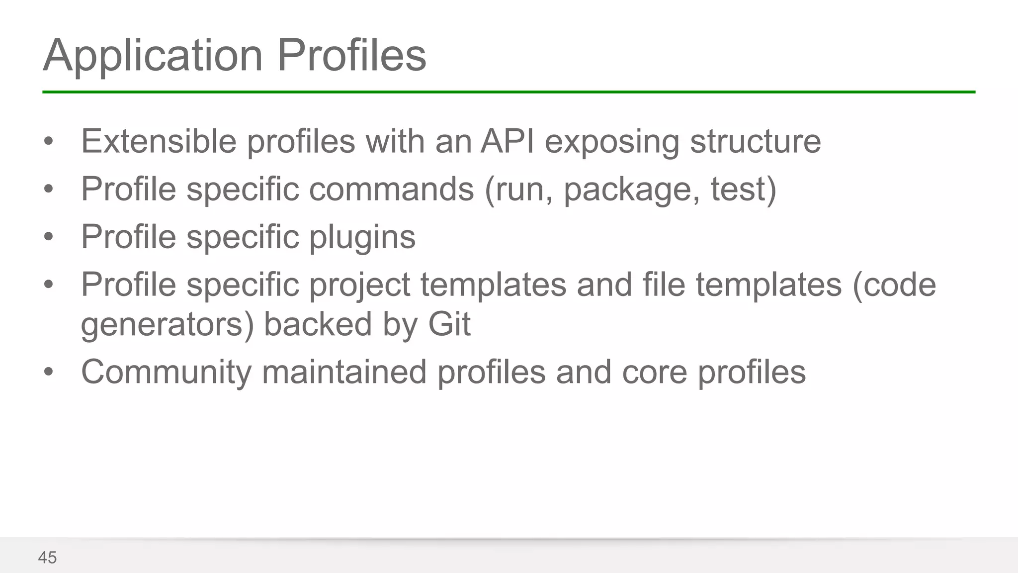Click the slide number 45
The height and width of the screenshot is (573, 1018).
(x=47, y=558)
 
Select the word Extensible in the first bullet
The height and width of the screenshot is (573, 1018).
(x=159, y=141)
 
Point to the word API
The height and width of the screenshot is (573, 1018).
(x=507, y=141)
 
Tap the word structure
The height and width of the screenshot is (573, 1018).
(x=755, y=141)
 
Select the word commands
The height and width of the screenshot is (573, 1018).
(x=392, y=189)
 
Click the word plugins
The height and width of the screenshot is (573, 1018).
(x=362, y=238)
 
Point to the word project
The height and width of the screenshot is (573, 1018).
(x=360, y=286)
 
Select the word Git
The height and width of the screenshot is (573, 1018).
(x=449, y=324)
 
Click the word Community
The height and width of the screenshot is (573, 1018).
(x=166, y=372)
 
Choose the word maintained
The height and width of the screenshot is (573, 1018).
(x=344, y=372)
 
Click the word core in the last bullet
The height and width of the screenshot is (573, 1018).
(x=654, y=372)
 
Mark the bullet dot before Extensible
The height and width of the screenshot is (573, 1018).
(x=48, y=142)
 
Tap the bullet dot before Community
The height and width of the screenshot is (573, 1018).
(x=48, y=372)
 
